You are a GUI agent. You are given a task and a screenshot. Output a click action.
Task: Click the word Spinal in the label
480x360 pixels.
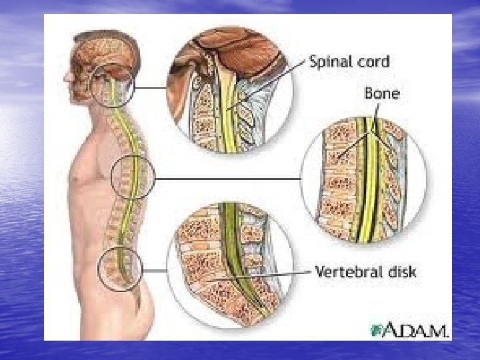click(x=331, y=62)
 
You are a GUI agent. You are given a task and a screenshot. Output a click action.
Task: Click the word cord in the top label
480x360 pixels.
click(x=372, y=62)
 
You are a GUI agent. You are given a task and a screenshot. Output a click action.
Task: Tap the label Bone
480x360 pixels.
click(x=382, y=94)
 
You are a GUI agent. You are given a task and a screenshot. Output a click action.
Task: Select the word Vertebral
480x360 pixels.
click(x=345, y=273)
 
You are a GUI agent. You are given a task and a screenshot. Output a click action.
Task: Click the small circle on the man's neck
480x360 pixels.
click(x=115, y=87)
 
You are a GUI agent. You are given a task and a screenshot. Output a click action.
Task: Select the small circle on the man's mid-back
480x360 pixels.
click(x=133, y=177)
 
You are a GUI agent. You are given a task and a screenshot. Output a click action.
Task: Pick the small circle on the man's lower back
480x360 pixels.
click(x=120, y=270)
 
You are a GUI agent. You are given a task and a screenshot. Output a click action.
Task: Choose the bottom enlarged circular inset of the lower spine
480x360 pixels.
click(x=231, y=270)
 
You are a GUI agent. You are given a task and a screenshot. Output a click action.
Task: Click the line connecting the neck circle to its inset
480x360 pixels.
click(x=151, y=87)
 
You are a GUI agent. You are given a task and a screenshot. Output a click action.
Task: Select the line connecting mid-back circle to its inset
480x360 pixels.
click(x=227, y=179)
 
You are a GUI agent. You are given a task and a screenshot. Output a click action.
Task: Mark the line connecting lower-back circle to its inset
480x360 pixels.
click(x=154, y=270)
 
